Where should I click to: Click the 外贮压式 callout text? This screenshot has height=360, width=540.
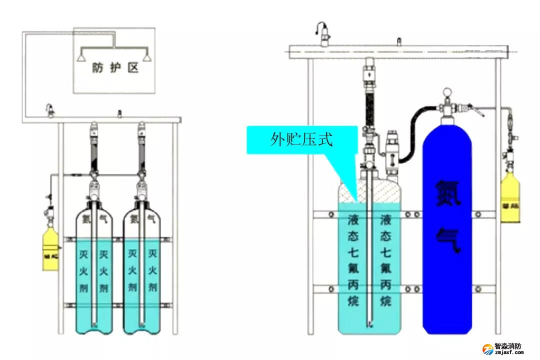click(301, 139)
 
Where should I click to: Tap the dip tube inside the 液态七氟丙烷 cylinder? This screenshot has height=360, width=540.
click(369, 250)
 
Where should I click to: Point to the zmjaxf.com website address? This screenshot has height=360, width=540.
click(508, 352)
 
